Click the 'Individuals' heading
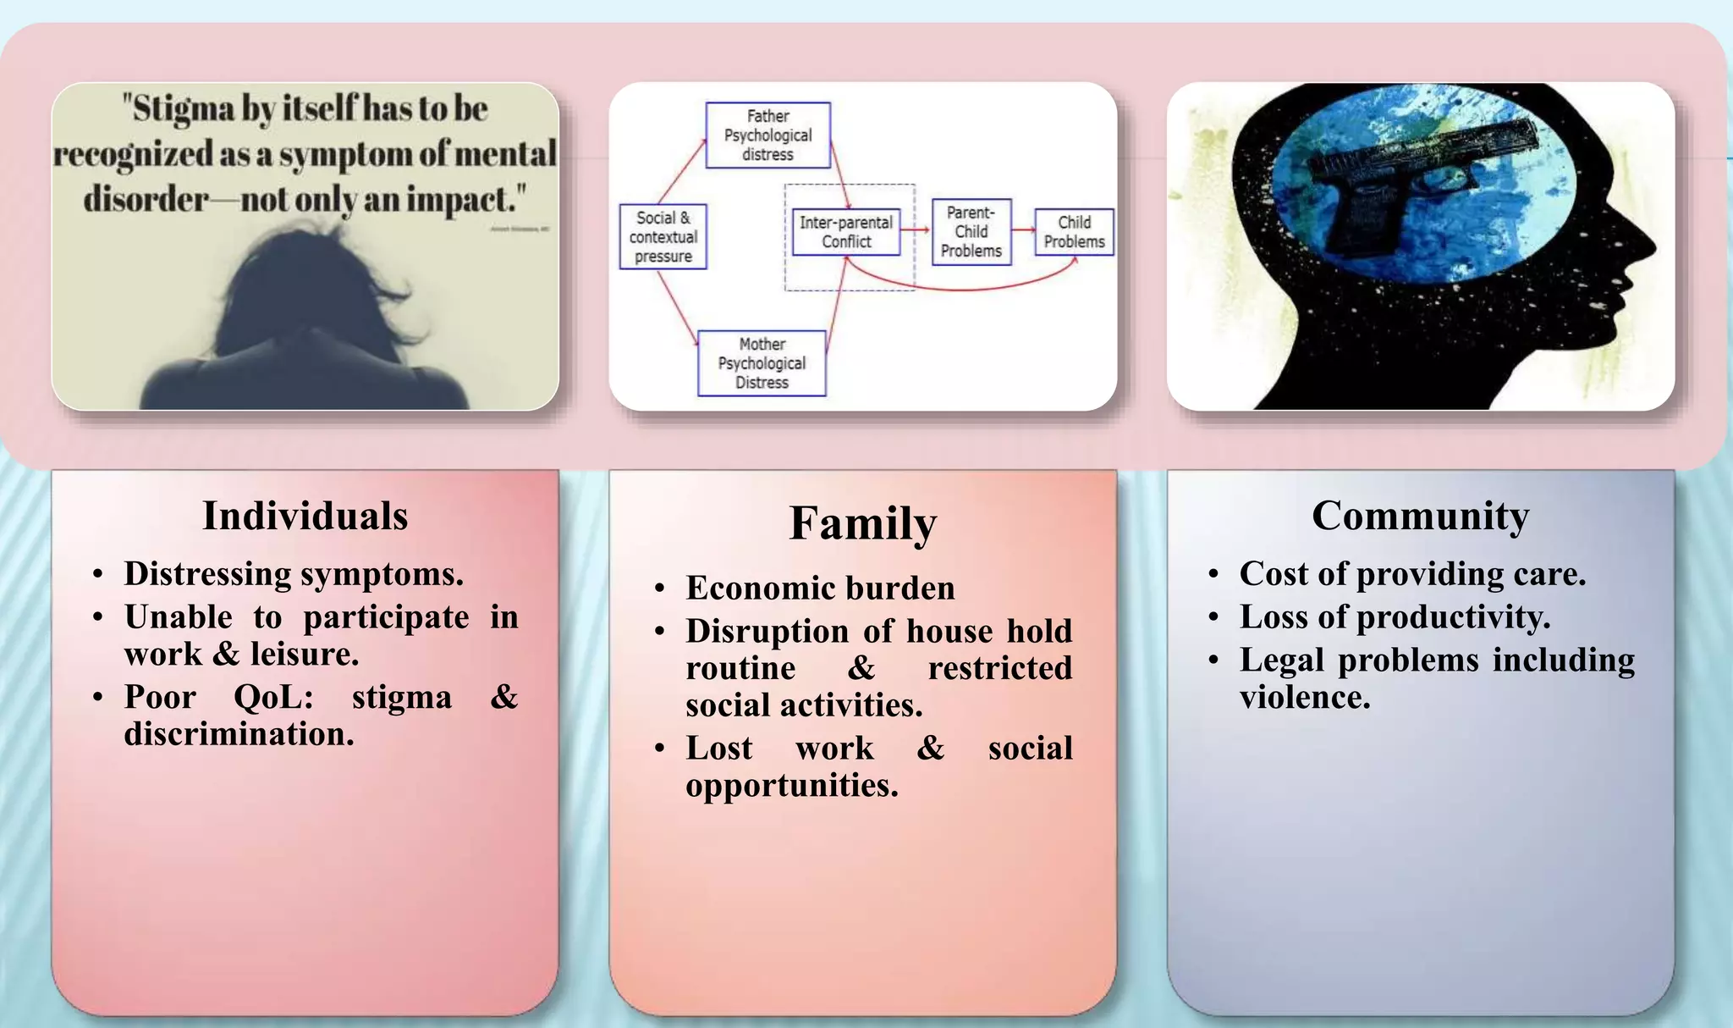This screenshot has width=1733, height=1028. coord(305,516)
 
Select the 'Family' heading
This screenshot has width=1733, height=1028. coord(862,523)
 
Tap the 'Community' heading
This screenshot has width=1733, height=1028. coord(1420,516)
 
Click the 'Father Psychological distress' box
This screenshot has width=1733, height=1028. coord(767,135)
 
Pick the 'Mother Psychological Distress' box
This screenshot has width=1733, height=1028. coord(762,363)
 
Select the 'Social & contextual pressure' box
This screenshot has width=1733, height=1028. coord(663,237)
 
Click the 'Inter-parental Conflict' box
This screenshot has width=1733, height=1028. coord(845,232)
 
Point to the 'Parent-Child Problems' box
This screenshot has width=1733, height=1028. coord(971,232)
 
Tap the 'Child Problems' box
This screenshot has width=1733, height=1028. coord(1074,232)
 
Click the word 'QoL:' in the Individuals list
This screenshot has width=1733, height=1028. coord(273,697)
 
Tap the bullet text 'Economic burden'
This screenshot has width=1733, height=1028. coord(820,588)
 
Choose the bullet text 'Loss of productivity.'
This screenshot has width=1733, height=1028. coord(1395,616)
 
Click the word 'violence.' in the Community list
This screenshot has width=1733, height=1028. coord(1304,697)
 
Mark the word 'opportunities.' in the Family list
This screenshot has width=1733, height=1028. coord(791,785)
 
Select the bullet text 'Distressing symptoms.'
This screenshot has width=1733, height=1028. coord(294,573)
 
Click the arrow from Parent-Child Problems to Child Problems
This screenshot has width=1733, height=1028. coord(1023,229)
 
